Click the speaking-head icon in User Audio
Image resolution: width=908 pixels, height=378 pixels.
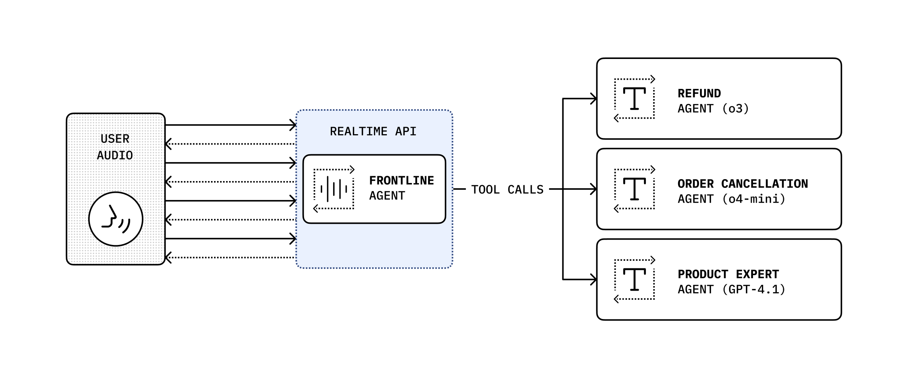click(x=116, y=219)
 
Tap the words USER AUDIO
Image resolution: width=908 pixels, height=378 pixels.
click(x=115, y=147)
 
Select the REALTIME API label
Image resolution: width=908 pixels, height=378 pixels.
click(x=373, y=132)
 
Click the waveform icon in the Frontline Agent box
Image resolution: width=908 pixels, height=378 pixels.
click(x=334, y=189)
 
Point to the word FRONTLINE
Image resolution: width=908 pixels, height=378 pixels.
click(x=402, y=181)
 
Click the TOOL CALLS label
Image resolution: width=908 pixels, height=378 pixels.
click(x=507, y=189)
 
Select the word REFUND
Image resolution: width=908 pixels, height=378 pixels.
click(x=699, y=93)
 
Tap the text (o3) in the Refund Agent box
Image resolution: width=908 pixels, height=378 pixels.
click(x=736, y=109)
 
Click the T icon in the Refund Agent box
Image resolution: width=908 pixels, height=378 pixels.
click(x=634, y=99)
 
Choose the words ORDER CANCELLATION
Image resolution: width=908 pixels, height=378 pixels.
click(x=743, y=184)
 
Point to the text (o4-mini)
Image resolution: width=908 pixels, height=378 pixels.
click(x=754, y=199)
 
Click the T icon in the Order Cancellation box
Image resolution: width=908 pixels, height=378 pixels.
click(x=634, y=189)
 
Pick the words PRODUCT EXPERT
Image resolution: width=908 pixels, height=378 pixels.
click(x=728, y=274)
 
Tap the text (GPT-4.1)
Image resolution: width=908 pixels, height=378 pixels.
click(x=754, y=290)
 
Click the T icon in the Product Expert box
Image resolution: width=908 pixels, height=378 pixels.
click(x=634, y=279)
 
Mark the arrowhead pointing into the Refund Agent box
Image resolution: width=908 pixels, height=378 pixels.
click(x=594, y=99)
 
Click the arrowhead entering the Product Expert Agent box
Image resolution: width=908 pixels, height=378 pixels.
click(x=594, y=280)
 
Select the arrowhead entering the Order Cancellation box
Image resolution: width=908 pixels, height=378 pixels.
click(x=594, y=189)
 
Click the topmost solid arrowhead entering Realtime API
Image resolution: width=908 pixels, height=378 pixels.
click(x=293, y=125)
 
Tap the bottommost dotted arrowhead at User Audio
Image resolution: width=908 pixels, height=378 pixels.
click(x=168, y=257)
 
